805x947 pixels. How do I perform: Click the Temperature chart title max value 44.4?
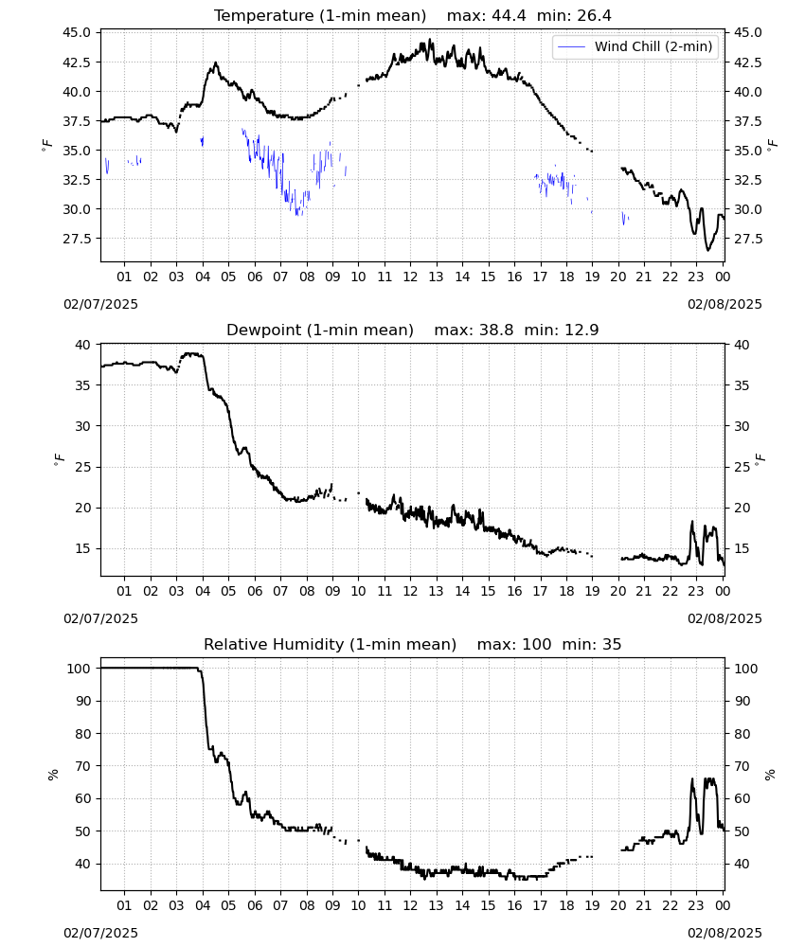(x=509, y=16)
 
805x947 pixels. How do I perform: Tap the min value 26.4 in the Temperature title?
(x=594, y=16)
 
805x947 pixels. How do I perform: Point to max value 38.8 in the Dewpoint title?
(x=496, y=331)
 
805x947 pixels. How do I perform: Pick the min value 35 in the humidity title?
(x=611, y=645)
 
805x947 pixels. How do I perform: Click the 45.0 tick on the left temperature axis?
(x=77, y=32)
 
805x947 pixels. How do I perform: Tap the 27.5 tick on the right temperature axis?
(x=747, y=240)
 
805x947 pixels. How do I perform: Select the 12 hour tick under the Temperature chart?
(x=410, y=277)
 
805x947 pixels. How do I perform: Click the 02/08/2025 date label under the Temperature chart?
(x=724, y=304)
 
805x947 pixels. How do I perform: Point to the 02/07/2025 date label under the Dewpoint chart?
(x=100, y=619)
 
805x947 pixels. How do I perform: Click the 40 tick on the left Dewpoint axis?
(x=83, y=345)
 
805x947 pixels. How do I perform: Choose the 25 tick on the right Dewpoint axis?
(x=742, y=468)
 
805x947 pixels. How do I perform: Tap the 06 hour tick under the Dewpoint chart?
(x=254, y=591)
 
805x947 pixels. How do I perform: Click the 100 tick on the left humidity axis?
(x=80, y=669)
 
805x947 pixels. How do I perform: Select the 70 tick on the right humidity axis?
(x=742, y=766)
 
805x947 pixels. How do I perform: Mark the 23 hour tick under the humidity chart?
(x=696, y=906)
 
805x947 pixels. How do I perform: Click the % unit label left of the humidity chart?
(x=53, y=775)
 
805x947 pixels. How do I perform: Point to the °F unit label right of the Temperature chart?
(x=773, y=145)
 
